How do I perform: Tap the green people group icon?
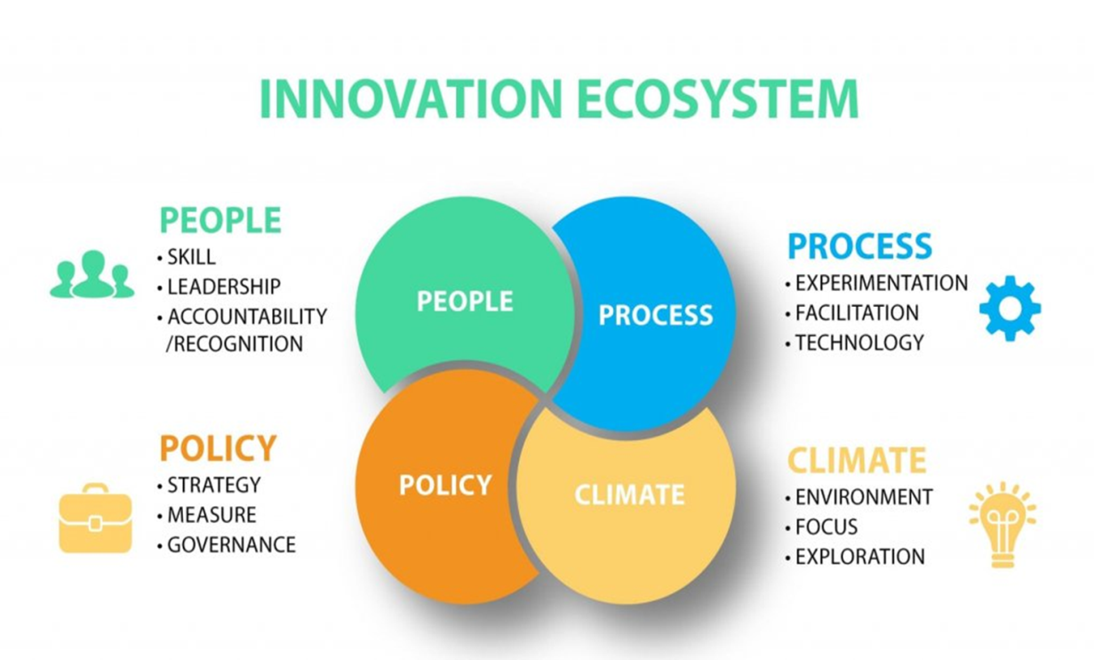coord(92,274)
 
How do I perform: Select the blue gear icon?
coord(1010,308)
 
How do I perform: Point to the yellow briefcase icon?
coord(95,519)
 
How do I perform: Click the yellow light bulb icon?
coord(1002,525)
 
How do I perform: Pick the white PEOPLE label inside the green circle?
coord(465,301)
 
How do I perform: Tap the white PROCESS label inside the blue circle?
coord(656,315)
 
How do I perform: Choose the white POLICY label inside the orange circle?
coord(445,485)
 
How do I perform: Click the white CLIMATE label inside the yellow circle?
coord(629,495)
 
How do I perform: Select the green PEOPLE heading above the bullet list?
coord(220,220)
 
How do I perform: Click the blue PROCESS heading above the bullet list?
coord(859,245)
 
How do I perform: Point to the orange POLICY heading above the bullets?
coord(218,447)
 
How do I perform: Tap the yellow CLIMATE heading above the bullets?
coord(857,460)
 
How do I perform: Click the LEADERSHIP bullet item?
coord(220,287)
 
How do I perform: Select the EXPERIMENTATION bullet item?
coord(876,283)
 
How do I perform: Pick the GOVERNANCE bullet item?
coord(227,544)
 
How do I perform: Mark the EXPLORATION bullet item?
coord(855,557)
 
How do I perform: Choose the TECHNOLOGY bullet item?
coord(855,342)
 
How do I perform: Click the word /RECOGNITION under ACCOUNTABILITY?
coord(235,344)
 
